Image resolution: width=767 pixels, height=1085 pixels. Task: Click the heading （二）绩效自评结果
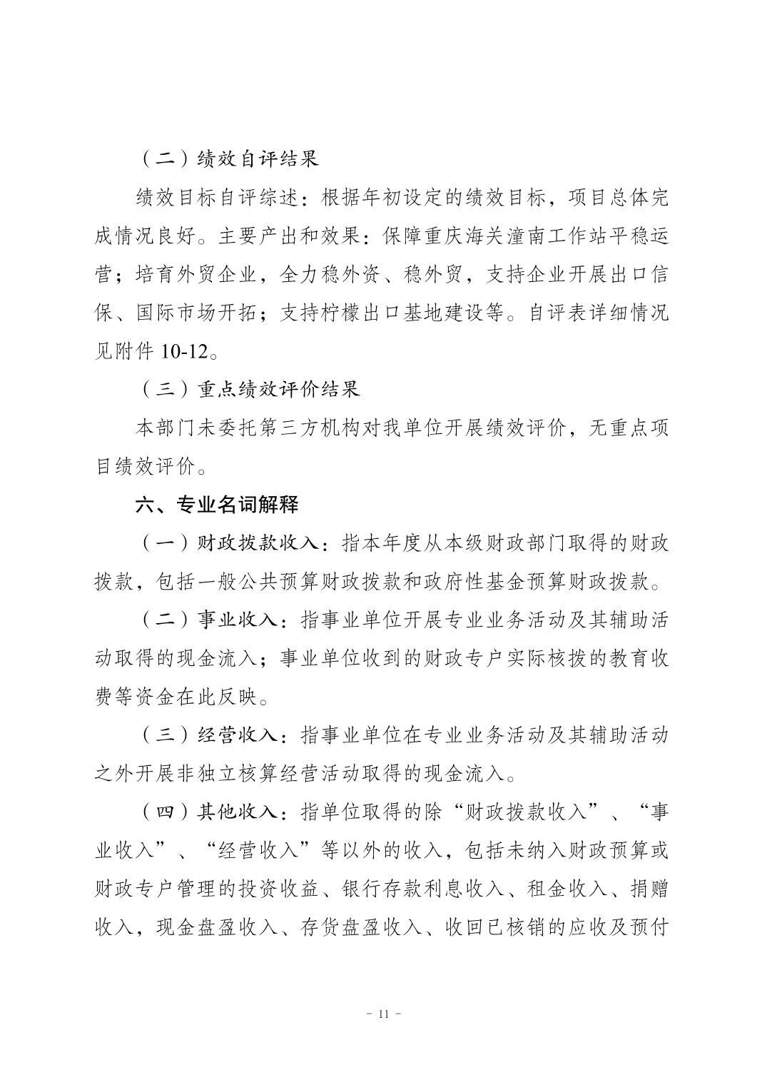(x=228, y=158)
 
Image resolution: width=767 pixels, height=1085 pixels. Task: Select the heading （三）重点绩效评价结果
(x=248, y=389)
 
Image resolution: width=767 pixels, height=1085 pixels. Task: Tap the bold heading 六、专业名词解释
(x=217, y=505)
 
